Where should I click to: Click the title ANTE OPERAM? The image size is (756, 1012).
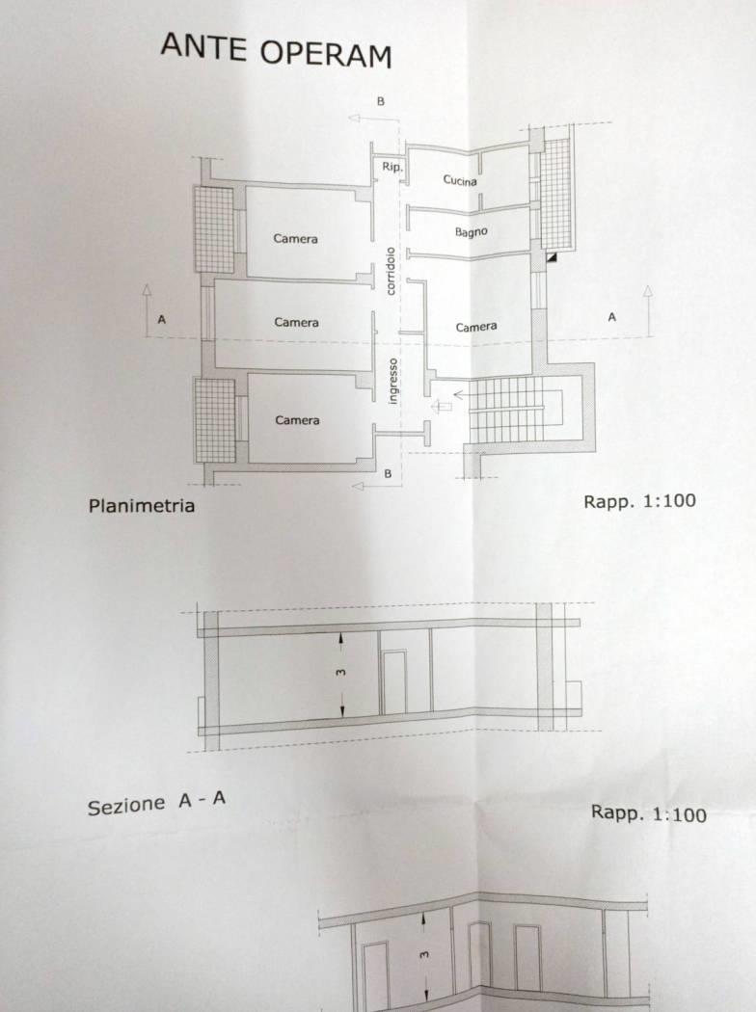coord(277,50)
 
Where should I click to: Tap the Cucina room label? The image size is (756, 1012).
coord(460,180)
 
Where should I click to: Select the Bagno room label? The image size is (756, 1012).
coord(472,231)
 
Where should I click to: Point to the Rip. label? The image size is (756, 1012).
coord(391,167)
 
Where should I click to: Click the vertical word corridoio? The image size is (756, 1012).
coord(390,271)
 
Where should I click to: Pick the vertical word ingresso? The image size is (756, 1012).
coord(392,382)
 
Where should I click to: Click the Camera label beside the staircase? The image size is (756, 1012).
coord(476,328)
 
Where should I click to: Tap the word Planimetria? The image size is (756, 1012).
coord(142,505)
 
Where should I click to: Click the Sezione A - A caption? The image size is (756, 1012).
coord(156,803)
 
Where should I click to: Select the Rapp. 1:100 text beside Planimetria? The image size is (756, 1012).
coord(639,501)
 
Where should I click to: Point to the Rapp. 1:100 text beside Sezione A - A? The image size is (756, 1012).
coord(649,813)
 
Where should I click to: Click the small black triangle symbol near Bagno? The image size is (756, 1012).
coord(552,256)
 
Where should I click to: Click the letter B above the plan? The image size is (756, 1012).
coord(380,101)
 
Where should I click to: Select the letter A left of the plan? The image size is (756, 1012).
coord(161,319)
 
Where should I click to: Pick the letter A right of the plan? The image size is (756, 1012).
coord(612,317)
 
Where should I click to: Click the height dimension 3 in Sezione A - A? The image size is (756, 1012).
coord(341,673)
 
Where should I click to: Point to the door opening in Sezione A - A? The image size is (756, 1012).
coord(393,681)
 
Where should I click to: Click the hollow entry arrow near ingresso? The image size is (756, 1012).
coord(442,406)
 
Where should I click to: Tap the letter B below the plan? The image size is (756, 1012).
coord(388,474)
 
